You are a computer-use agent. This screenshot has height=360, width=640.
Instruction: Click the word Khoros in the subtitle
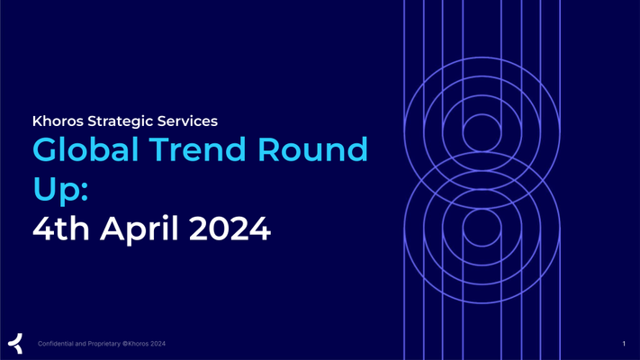[x=58, y=121]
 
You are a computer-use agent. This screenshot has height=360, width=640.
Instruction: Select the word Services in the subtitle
[x=187, y=121]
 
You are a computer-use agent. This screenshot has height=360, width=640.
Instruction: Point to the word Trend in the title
[x=197, y=149]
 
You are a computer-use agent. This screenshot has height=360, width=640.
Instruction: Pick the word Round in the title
[x=312, y=149]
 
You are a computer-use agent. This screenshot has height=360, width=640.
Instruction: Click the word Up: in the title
[x=60, y=190]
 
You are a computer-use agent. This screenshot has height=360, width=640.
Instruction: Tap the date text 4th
[x=61, y=229]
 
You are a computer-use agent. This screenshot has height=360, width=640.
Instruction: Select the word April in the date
[x=140, y=229]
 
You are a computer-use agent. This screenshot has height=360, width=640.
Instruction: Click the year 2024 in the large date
[x=230, y=229]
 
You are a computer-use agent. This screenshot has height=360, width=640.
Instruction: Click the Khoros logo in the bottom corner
[x=15, y=343]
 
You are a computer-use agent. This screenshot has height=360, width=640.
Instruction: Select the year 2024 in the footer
[x=158, y=344]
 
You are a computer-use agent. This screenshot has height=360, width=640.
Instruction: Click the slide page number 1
[x=624, y=344]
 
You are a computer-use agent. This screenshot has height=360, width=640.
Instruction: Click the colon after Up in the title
[x=85, y=192]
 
